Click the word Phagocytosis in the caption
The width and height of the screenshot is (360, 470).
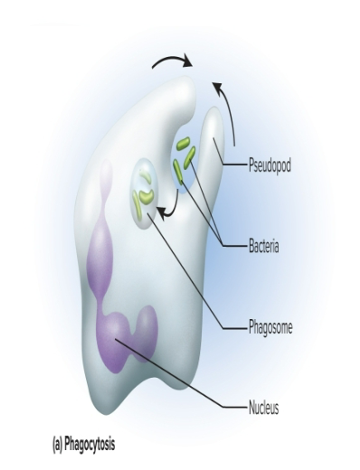(x=93, y=445)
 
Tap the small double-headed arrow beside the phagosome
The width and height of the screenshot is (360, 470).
(x=165, y=211)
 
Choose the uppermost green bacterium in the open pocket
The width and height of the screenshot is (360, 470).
(x=183, y=143)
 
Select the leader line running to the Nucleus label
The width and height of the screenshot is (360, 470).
(x=181, y=376)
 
